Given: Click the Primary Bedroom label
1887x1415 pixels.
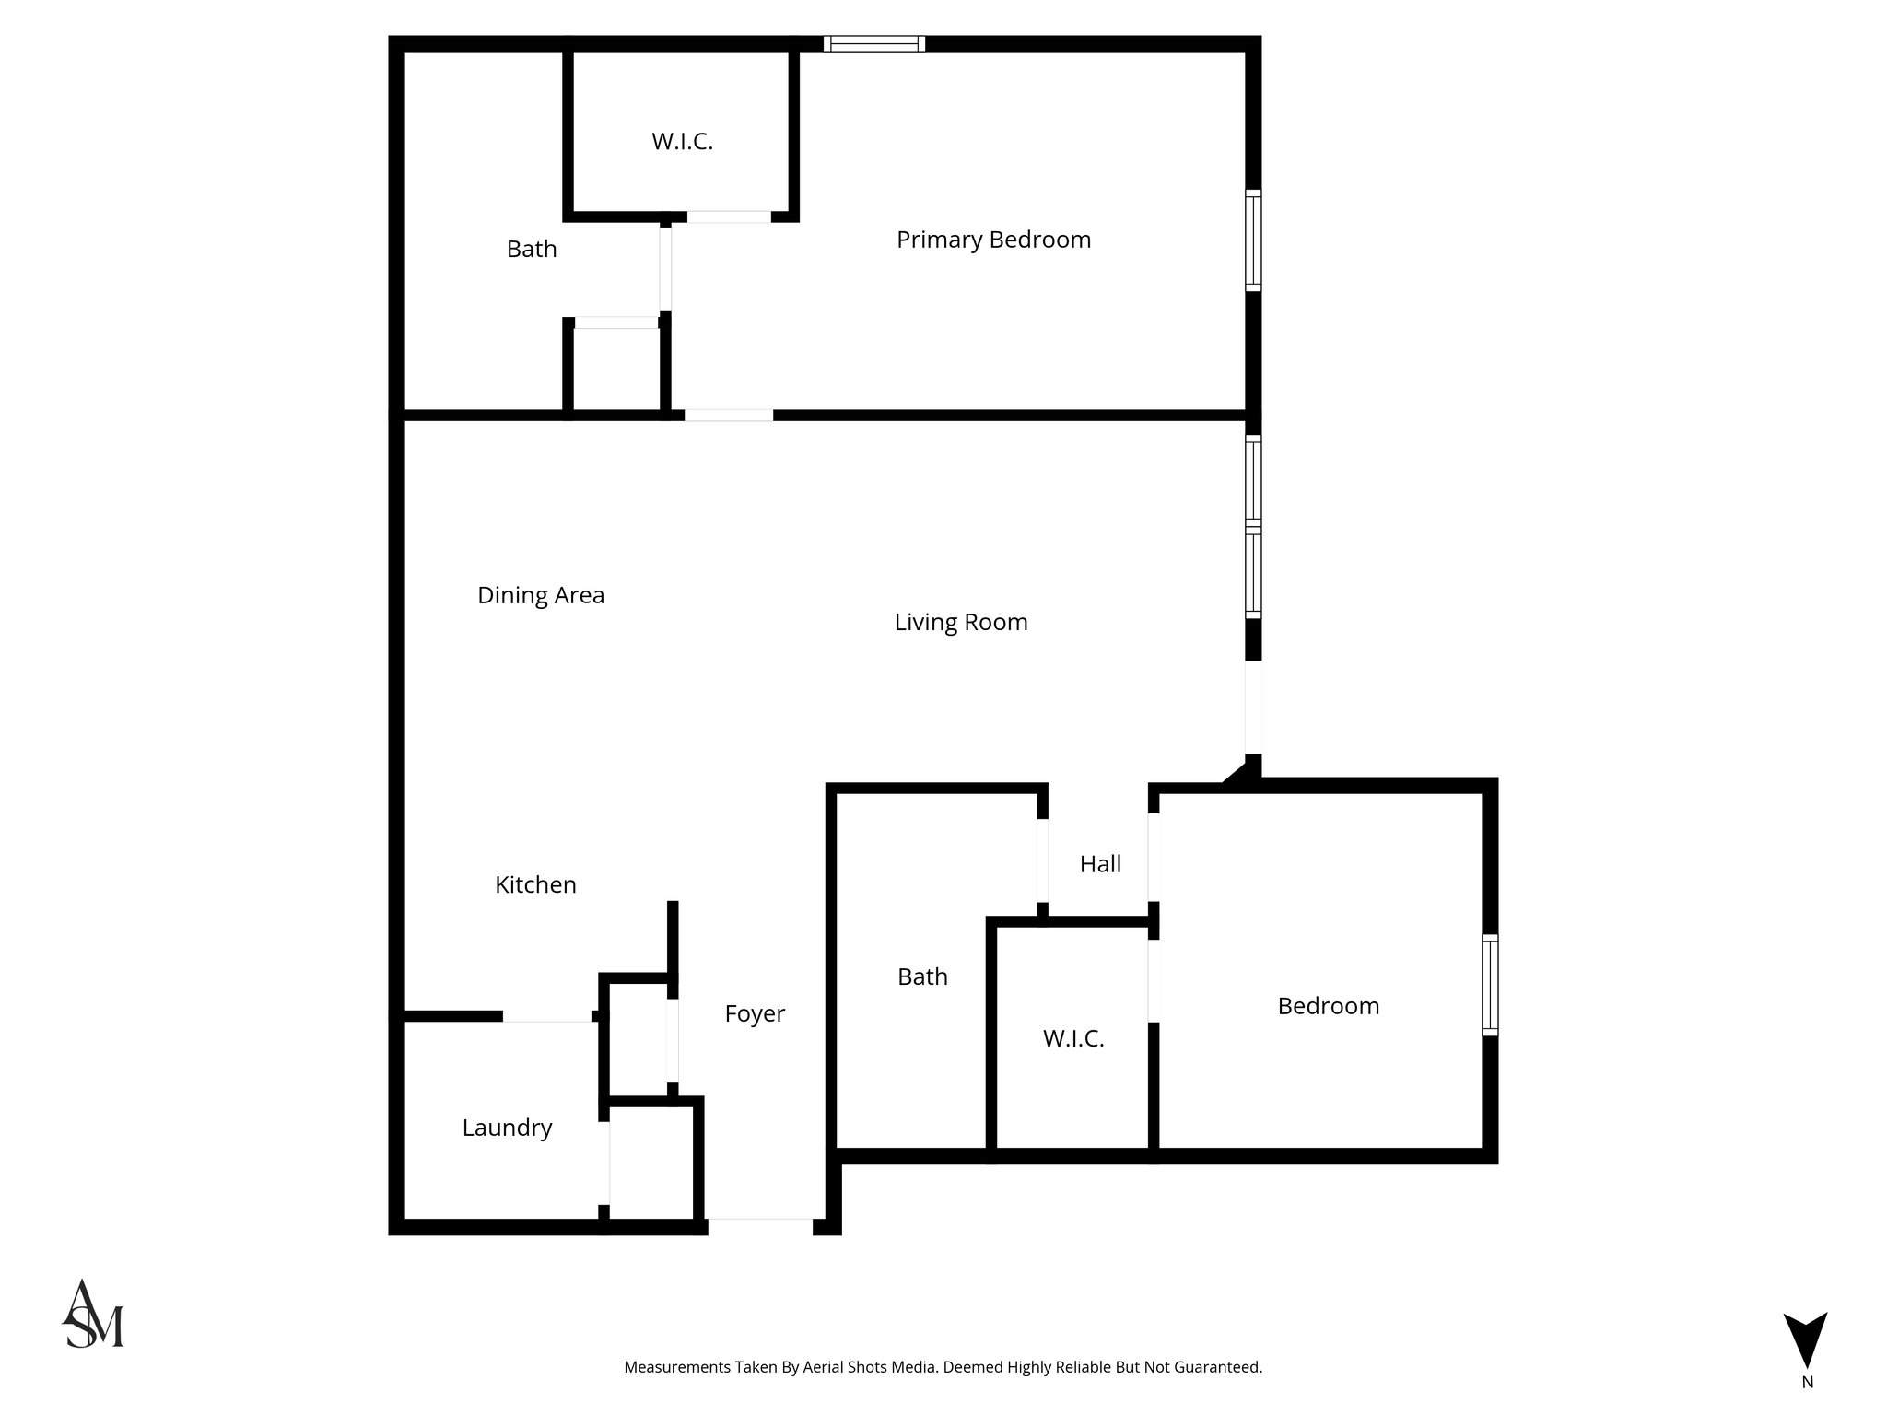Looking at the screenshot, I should coord(993,240).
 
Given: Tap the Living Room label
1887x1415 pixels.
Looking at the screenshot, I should coord(961,622).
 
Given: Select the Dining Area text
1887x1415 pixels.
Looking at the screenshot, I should coord(541,595).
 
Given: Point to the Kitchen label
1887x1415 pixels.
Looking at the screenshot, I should coord(535,884).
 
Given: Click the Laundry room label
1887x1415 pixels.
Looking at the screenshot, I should coord(507,1128).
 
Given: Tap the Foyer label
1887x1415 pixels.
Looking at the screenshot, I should coord(755,1013).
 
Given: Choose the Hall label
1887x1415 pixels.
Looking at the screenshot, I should coord(1100,864).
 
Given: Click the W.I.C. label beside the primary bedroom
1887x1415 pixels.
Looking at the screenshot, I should coord(682,142).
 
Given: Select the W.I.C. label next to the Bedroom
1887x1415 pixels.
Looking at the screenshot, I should coord(1073,1038).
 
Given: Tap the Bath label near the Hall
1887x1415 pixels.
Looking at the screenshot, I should coord(922,976).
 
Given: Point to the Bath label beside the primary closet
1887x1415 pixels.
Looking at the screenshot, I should coord(532,249).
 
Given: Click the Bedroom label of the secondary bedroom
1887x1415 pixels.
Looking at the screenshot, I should coord(1328,1006).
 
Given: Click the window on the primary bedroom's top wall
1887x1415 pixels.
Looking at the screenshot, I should coord(873,43).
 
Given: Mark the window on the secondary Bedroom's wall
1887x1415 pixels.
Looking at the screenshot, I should coord(1489,984).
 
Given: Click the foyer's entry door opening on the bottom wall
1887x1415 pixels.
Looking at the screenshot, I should coord(759,1225).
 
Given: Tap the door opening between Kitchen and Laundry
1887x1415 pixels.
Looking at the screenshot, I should coord(546,1016).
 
